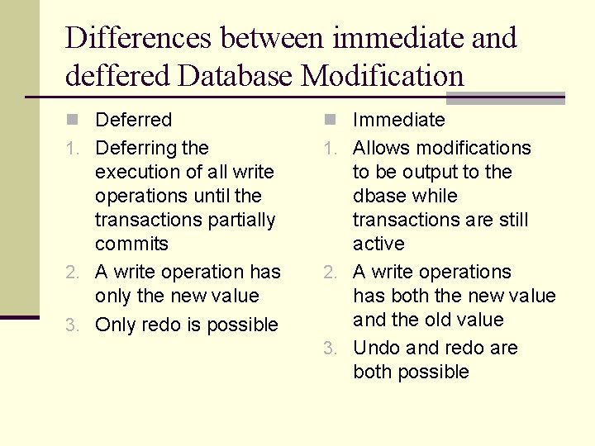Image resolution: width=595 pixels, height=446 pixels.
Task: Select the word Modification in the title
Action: (383, 76)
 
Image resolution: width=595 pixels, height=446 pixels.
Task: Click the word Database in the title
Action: (236, 76)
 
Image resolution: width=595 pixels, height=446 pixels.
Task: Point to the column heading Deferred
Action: (133, 120)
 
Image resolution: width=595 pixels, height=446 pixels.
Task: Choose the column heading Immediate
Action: (398, 120)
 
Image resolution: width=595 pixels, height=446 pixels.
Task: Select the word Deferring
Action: (136, 149)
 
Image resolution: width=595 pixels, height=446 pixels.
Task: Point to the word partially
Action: (242, 220)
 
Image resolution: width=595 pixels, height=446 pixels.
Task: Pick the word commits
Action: (131, 244)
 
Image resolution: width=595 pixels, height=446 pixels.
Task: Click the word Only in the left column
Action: (116, 325)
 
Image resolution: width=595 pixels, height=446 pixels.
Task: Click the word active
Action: (378, 244)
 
